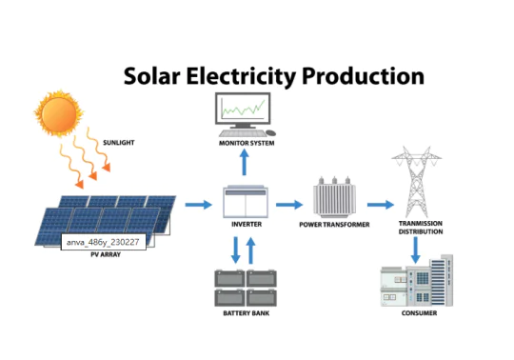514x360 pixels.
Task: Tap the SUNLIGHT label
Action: tap(119, 142)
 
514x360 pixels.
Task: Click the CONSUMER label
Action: tap(419, 313)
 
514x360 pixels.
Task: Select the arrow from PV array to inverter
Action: tap(198, 204)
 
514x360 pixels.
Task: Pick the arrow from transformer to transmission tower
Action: tap(379, 204)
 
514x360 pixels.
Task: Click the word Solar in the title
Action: tap(155, 76)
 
